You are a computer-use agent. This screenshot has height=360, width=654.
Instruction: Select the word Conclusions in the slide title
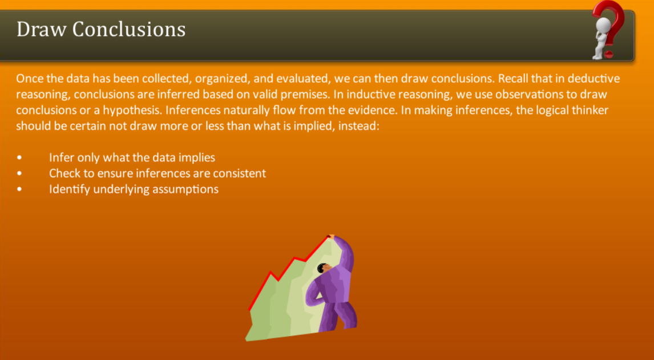129,29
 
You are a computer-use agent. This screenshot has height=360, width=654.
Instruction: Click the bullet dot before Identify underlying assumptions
19,189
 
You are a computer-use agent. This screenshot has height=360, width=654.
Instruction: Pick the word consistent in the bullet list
239,173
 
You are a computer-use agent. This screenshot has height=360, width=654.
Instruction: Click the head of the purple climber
323,268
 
